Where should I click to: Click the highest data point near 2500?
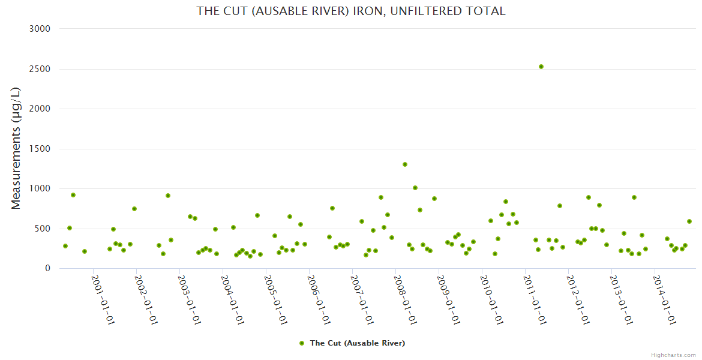pos(541,67)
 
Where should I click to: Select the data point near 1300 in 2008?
pos(405,164)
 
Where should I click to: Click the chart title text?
pos(351,11)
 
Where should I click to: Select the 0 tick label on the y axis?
pos(47,268)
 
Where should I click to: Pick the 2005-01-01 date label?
pos(275,299)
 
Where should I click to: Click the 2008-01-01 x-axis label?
pos(405,299)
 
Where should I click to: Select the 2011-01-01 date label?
pos(535,299)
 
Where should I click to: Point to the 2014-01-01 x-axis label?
pos(664,299)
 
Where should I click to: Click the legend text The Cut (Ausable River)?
pos(358,343)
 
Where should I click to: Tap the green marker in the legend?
pos(302,343)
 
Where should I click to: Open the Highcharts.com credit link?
pos(673,355)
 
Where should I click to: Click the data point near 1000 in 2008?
pos(415,188)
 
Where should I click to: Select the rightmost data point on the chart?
pos(689,221)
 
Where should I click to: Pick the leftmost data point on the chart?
pos(65,246)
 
